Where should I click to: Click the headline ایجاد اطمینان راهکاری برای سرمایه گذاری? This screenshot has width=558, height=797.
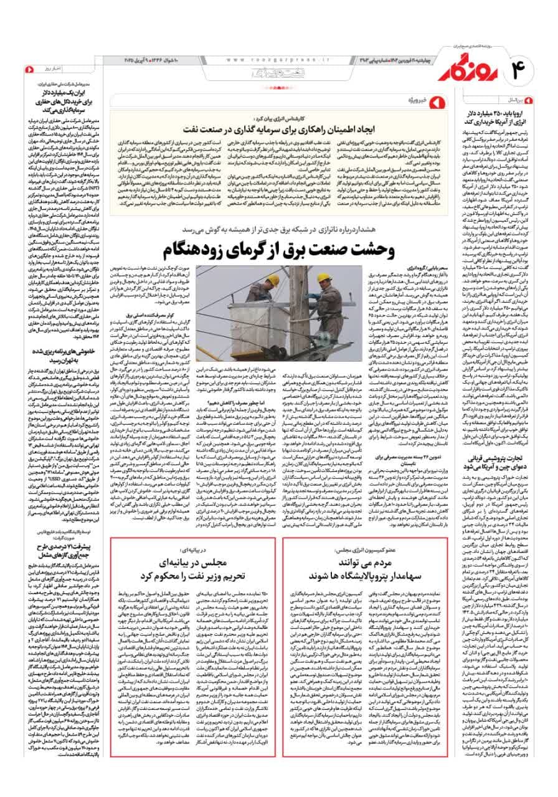pos(275,130)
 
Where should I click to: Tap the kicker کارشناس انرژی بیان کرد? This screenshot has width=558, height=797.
pos(276,117)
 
